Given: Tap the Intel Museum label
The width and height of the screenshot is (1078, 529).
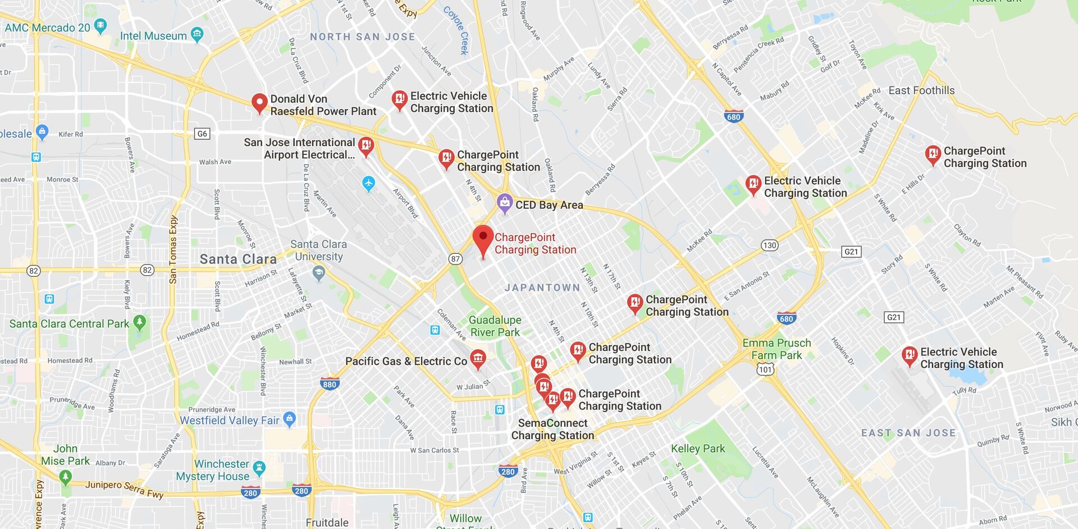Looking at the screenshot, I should (153, 36).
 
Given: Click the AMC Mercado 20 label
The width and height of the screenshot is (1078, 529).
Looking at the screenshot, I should (47, 28).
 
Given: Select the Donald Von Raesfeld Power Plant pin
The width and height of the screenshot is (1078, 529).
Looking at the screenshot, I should (259, 103).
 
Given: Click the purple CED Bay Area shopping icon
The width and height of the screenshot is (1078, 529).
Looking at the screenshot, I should (505, 203).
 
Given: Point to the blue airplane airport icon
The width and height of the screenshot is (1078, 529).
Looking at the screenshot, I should (368, 183).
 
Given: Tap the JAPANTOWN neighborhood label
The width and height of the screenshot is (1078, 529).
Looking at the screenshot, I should (542, 288).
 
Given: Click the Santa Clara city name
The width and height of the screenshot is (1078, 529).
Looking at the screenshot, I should (238, 259).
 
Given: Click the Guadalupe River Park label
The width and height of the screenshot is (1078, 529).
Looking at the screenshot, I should (495, 326).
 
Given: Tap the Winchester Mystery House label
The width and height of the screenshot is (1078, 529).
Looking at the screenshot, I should (213, 470).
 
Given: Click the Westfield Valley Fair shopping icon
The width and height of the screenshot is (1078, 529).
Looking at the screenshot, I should (289, 418).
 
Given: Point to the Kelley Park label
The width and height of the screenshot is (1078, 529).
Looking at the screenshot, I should (698, 449).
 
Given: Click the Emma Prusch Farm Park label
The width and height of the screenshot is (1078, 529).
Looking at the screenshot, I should (776, 349).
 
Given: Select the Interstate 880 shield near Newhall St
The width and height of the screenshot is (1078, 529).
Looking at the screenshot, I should (330, 385).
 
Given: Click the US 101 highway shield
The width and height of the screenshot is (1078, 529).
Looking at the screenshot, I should (765, 369).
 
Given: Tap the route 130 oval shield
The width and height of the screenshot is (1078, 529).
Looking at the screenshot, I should (769, 245).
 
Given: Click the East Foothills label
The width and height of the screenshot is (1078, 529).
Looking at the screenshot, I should (921, 90).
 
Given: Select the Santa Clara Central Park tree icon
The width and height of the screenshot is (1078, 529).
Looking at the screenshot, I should (140, 322).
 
